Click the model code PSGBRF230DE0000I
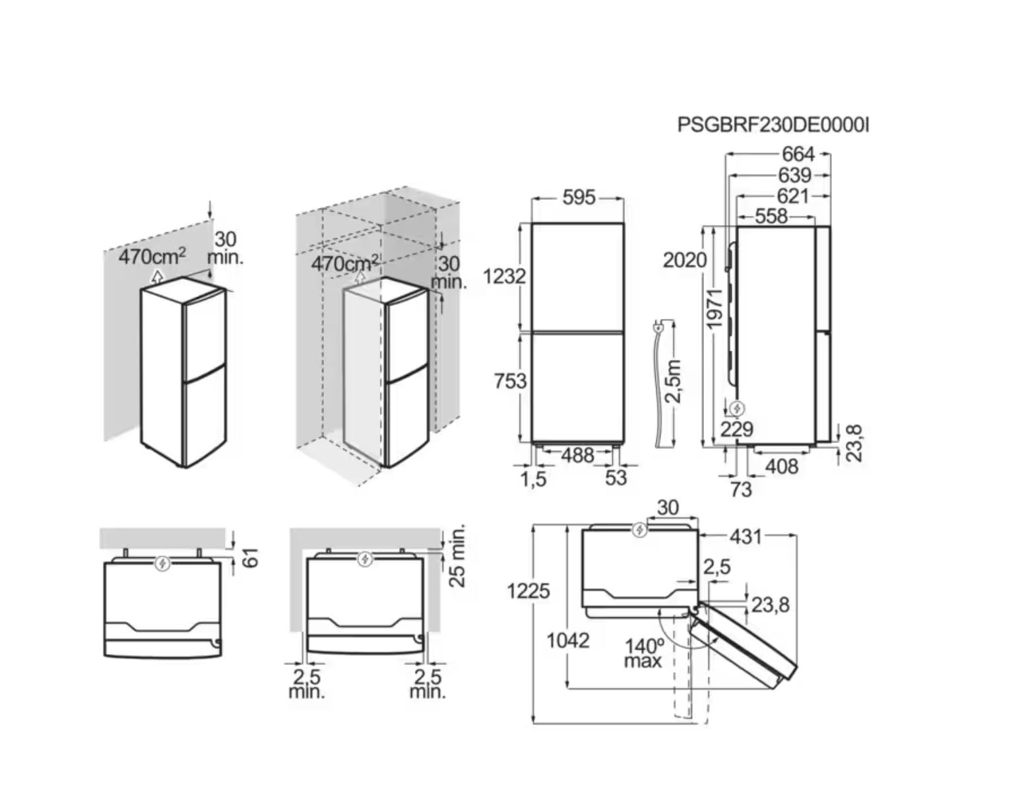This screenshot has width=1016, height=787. (x=773, y=124)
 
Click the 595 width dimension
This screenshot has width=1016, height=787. (x=579, y=197)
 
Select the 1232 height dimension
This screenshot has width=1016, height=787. (x=504, y=276)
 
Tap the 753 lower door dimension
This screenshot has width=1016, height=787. (x=510, y=380)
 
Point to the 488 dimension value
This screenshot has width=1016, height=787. (x=577, y=455)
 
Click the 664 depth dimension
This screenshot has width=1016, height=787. (x=798, y=154)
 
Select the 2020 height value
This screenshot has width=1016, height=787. (x=684, y=259)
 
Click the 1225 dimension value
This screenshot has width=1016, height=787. (x=528, y=590)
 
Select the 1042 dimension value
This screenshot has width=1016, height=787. (x=567, y=640)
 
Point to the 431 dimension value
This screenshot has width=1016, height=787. (x=746, y=536)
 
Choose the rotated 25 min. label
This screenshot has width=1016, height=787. (x=457, y=556)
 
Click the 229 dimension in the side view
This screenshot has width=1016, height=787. (x=736, y=429)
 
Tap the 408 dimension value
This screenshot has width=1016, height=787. (x=781, y=466)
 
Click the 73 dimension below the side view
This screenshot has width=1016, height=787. (x=740, y=489)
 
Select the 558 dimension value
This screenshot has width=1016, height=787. (x=771, y=216)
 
